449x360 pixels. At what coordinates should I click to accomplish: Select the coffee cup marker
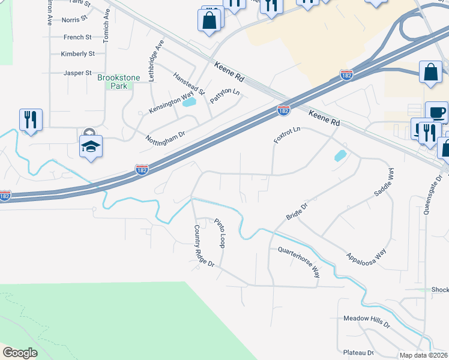pos(436,112)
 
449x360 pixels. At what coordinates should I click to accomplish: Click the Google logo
pos(20,353)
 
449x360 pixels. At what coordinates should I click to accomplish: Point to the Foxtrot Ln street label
pos(287,132)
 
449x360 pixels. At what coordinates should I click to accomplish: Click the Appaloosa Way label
pos(365,250)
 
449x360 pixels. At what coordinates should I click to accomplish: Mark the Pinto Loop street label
pos(220,233)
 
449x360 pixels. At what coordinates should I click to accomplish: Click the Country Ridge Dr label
pos(204,246)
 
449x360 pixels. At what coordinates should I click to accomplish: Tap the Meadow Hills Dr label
pos(367,323)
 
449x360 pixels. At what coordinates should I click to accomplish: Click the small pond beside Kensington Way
pos(189,103)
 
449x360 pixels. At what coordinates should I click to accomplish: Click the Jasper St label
pos(77,73)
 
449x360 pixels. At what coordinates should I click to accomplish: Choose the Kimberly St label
pos(78,54)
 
